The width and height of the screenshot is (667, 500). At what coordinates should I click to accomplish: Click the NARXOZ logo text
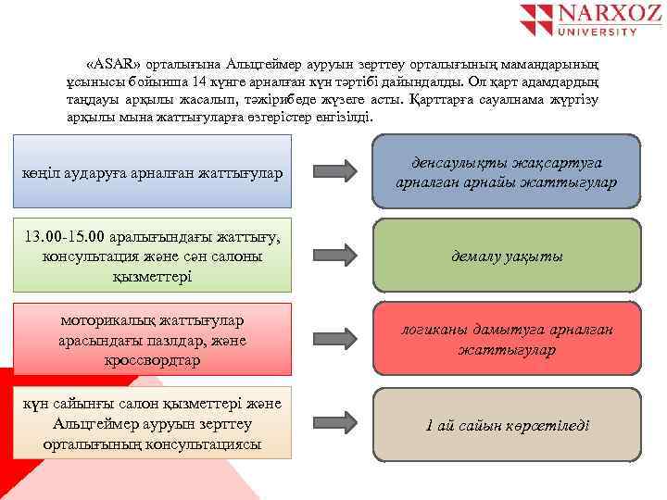597,16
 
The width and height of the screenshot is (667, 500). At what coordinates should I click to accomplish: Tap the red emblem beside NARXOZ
535,19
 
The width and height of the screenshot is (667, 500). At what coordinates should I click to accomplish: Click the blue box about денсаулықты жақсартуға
506,172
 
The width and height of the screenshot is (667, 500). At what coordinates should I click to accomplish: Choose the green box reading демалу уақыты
506,256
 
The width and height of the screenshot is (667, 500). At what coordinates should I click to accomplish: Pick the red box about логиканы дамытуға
506,340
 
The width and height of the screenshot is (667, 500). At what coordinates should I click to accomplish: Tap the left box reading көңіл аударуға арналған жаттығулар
153,174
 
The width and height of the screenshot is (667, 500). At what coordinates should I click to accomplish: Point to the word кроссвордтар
152,359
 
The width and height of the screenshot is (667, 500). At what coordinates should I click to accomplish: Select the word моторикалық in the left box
105,321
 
